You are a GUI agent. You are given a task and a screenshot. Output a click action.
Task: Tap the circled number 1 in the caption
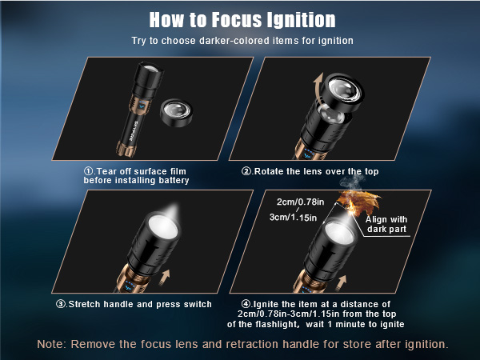89,170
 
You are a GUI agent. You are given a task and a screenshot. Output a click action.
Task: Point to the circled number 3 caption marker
62,304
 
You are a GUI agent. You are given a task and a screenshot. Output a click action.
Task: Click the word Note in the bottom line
51,343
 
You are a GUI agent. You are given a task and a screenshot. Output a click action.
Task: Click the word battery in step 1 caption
170,180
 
